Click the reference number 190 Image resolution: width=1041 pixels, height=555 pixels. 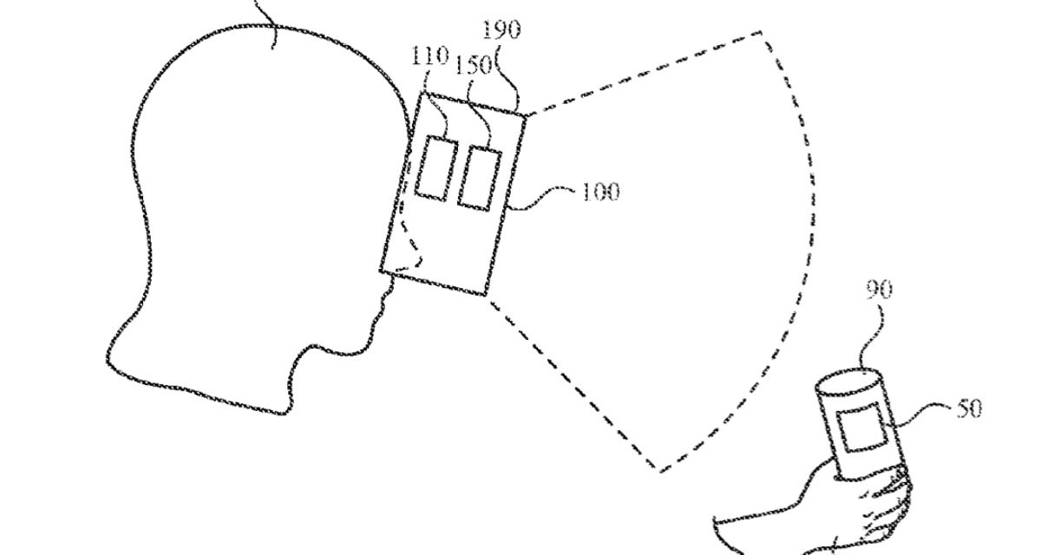click(x=501, y=29)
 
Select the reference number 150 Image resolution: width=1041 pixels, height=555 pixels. click(x=473, y=67)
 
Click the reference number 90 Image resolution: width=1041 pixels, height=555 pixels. click(x=878, y=291)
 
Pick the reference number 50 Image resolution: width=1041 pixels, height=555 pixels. click(x=969, y=408)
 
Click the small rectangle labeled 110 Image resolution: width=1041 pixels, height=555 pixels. click(x=435, y=169)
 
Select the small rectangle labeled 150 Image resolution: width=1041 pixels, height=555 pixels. click(x=480, y=177)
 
